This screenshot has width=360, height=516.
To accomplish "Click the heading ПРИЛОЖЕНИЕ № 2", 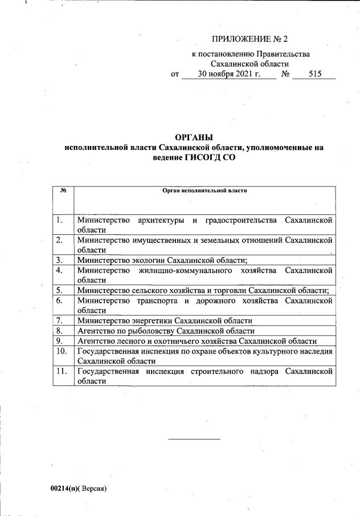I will point(250,39).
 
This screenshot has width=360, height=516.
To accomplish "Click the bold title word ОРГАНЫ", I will point(194,137).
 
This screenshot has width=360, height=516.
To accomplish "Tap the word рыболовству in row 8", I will point(149,331).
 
